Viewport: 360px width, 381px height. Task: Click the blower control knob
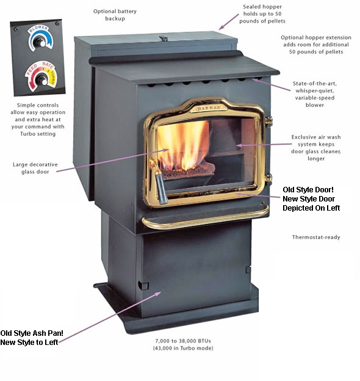pyautogui.click(x=40, y=42)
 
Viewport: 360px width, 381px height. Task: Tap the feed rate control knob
pyautogui.click(x=41, y=80)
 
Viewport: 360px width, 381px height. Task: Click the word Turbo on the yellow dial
pyautogui.click(x=52, y=78)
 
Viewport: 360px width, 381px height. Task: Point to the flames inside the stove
pyautogui.click(x=183, y=145)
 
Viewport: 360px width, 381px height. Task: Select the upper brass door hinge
pyautogui.click(x=268, y=121)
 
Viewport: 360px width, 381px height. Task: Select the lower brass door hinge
pyautogui.click(x=268, y=178)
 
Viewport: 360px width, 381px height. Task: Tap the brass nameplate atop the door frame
pyautogui.click(x=209, y=108)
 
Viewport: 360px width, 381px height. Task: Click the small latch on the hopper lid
pyautogui.click(x=164, y=38)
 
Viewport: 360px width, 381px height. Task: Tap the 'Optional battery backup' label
pyautogui.click(x=115, y=15)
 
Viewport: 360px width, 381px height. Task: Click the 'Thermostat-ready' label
pyautogui.click(x=316, y=237)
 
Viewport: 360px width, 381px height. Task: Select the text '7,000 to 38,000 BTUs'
pyautogui.click(x=183, y=341)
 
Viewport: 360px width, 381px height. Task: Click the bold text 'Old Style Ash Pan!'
pyautogui.click(x=32, y=333)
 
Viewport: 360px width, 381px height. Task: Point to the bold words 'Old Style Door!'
pyautogui.click(x=308, y=189)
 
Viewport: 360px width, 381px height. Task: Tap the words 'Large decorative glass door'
pyautogui.click(x=35, y=168)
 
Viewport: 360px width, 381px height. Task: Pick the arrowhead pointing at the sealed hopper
pyautogui.click(x=221, y=27)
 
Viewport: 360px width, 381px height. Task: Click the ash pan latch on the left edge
pyautogui.click(x=143, y=285)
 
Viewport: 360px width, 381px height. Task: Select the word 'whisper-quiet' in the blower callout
pyautogui.click(x=315, y=90)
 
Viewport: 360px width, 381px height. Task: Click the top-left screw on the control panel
pyautogui.click(x=16, y=29)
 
